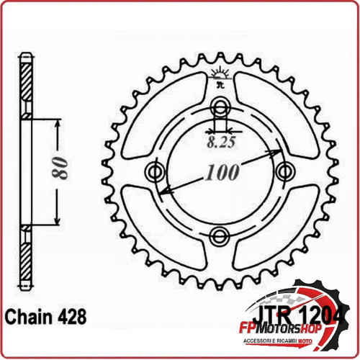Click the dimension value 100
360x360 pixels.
click(x=222, y=174)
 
